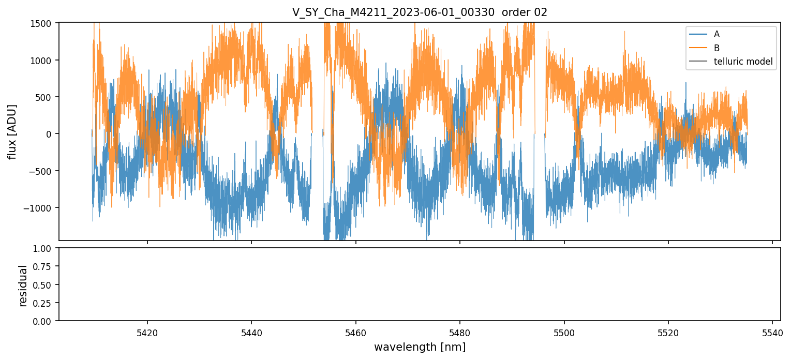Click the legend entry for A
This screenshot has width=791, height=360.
pos(717,34)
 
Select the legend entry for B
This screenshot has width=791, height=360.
pos(717,48)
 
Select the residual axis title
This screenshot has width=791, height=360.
pos(23,285)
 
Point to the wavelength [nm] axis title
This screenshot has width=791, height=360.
pos(420,347)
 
